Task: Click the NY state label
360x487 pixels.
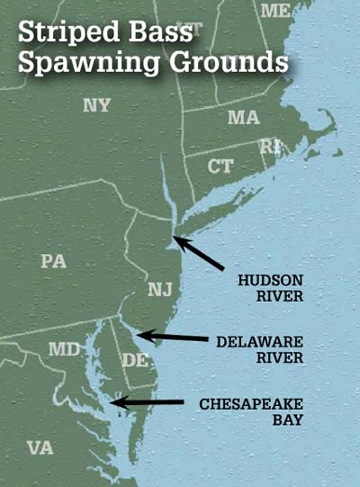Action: point(96,105)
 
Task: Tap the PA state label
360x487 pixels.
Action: point(53,261)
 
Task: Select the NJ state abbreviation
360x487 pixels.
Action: point(158,289)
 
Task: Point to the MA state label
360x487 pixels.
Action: point(243,118)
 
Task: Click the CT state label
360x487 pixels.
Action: point(220,166)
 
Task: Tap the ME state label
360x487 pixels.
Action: point(275,11)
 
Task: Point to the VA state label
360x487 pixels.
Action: point(40,446)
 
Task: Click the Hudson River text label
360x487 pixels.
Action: point(265,287)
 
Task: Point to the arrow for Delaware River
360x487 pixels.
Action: point(170,338)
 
